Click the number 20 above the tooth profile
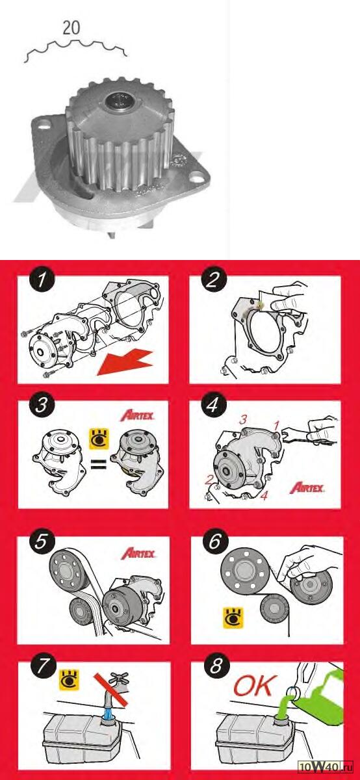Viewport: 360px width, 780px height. pyautogui.click(x=71, y=28)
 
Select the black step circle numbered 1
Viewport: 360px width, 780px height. pyautogui.click(x=42, y=279)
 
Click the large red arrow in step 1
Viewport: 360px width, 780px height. pyautogui.click(x=125, y=363)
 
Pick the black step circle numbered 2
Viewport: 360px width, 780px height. pyautogui.click(x=213, y=279)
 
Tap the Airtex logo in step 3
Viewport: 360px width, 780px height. pyautogui.click(x=137, y=416)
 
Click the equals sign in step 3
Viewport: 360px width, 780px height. pyautogui.click(x=98, y=464)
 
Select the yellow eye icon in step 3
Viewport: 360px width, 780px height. pyautogui.click(x=99, y=439)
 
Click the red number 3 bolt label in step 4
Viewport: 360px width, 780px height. pyautogui.click(x=243, y=420)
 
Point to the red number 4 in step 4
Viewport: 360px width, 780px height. pyautogui.click(x=264, y=495)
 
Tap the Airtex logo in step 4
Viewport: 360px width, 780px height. pyautogui.click(x=307, y=488)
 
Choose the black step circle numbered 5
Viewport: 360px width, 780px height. pyautogui.click(x=42, y=542)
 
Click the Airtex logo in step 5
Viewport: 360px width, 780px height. pyautogui.click(x=138, y=553)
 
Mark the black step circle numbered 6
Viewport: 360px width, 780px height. pyautogui.click(x=215, y=541)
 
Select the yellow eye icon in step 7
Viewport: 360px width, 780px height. pyautogui.click(x=70, y=679)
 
